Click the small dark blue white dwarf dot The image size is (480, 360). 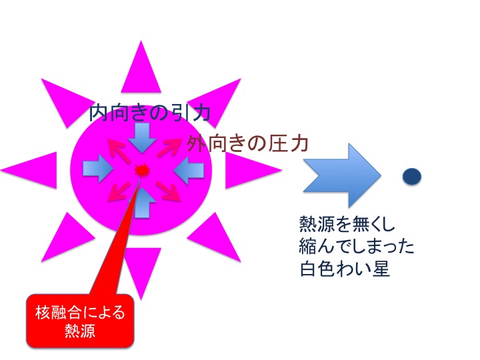(412, 176)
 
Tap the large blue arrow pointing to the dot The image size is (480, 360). (342, 175)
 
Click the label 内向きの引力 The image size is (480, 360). (149, 113)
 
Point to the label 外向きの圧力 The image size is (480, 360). (247, 143)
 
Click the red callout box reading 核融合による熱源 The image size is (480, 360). (80, 321)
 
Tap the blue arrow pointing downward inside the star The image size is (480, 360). (143, 138)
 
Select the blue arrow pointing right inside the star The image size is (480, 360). (98, 169)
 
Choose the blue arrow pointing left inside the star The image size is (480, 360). (189, 170)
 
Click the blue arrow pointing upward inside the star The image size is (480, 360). (143, 203)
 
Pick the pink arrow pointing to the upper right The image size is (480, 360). (169, 147)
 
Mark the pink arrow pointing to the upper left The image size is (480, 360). (116, 148)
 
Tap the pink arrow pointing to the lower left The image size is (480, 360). (119, 191)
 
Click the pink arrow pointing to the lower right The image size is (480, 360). (168, 191)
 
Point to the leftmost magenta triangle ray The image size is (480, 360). (29, 170)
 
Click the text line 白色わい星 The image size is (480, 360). (345, 269)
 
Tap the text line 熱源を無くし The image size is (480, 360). (347, 224)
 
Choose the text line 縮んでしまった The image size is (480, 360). (357, 246)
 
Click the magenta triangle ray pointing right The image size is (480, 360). (253, 170)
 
